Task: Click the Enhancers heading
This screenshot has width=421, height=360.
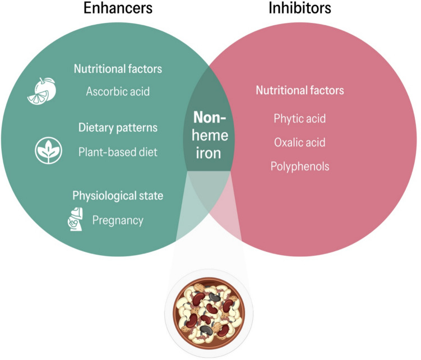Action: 118,9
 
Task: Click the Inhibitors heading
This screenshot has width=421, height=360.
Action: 299,9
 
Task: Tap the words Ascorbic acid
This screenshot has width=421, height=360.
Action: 118,91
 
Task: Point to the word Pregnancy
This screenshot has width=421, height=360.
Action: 118,220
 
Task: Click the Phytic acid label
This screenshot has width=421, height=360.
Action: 299,119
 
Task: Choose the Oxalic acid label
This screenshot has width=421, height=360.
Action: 299,142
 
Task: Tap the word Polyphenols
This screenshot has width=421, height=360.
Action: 299,167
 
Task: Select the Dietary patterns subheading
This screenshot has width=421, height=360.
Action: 118,128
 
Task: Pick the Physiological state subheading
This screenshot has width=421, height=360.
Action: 118,196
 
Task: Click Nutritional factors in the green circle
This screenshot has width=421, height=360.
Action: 118,69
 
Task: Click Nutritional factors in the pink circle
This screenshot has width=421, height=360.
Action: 299,90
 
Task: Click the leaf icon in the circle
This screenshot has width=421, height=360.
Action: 49,150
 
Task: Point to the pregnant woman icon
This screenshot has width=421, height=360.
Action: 73,219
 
